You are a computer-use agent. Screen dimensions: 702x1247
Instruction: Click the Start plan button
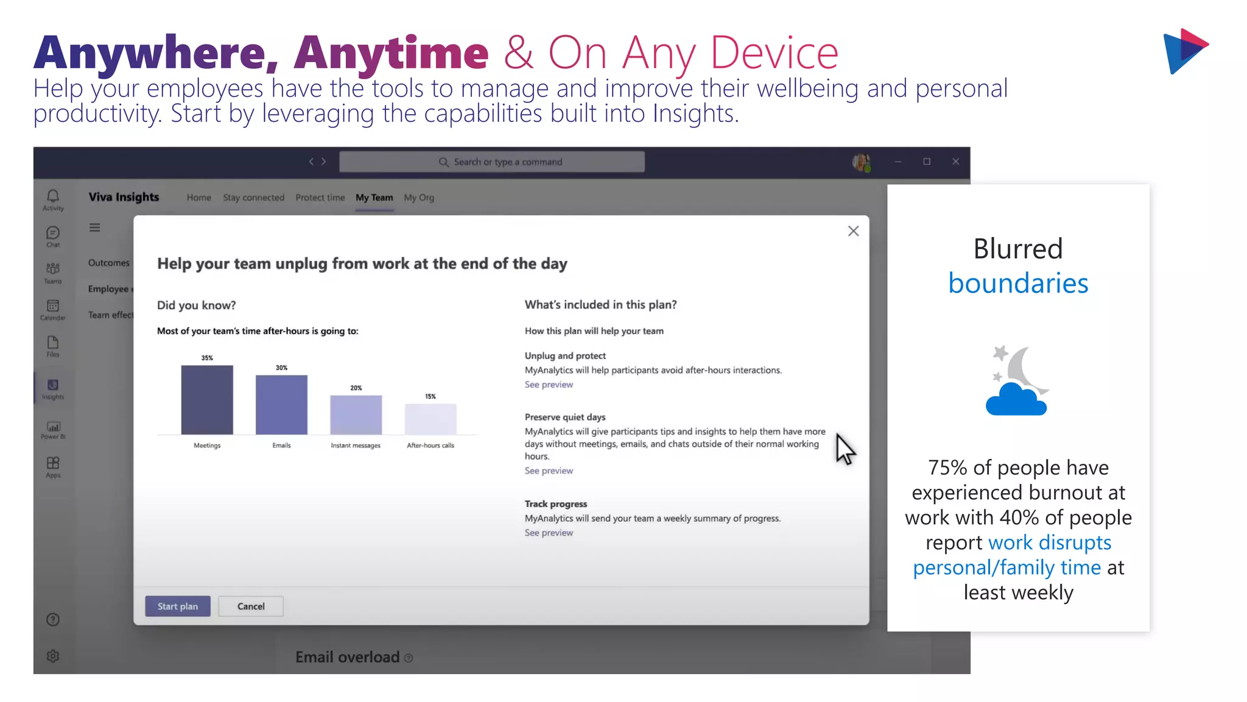[177, 606]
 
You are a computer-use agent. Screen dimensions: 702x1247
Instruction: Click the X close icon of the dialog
[853, 231]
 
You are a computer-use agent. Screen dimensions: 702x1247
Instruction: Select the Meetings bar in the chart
[207, 400]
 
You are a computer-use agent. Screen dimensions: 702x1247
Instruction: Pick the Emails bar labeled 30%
[281, 405]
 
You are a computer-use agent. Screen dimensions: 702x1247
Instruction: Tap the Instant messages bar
[356, 415]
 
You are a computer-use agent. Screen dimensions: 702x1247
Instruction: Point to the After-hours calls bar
[430, 419]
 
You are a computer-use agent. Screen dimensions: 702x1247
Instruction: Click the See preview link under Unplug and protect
[549, 385]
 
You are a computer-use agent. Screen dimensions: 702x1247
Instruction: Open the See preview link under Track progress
[549, 533]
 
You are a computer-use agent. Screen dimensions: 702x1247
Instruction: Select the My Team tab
[374, 197]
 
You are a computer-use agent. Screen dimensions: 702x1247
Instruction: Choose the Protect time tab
[320, 197]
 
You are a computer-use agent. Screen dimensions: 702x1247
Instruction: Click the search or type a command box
[492, 162]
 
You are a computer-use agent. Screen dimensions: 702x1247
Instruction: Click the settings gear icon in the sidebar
[53, 656]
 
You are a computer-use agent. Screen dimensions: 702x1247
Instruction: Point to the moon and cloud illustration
[1017, 381]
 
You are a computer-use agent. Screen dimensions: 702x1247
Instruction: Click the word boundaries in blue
[1018, 283]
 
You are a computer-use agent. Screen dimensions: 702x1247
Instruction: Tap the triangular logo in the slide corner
[1184, 51]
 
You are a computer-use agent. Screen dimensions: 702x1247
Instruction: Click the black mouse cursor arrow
[844, 449]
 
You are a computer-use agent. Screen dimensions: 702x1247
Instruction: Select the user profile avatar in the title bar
[861, 162]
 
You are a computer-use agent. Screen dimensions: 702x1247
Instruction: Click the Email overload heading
[347, 657]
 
